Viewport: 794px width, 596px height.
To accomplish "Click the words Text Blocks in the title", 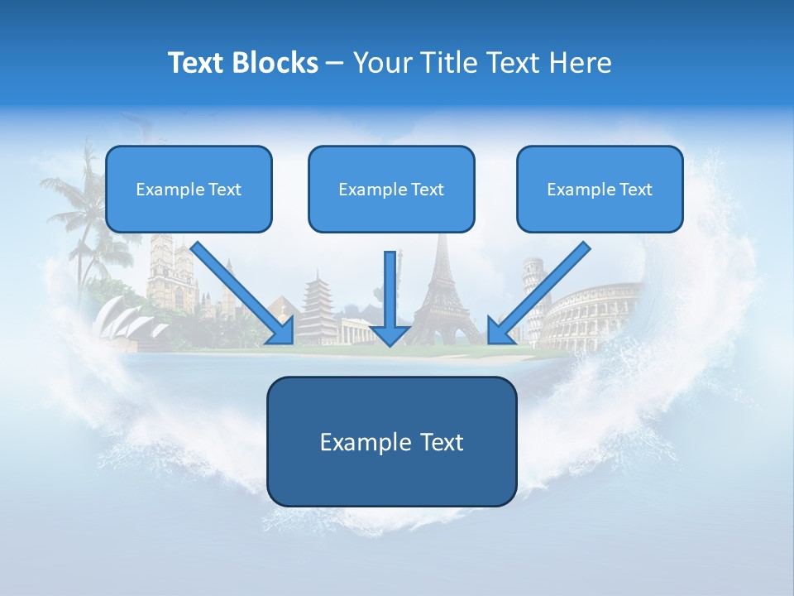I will (242, 63).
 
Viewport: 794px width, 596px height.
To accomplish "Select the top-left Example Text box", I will (189, 190).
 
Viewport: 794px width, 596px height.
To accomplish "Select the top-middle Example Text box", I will (391, 190).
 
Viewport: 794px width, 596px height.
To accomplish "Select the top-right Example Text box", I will (600, 190).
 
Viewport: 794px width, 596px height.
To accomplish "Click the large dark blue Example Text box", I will (391, 442).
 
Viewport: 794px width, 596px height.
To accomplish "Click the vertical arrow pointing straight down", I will (391, 294).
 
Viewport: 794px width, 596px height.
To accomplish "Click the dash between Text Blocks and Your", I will (335, 63).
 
